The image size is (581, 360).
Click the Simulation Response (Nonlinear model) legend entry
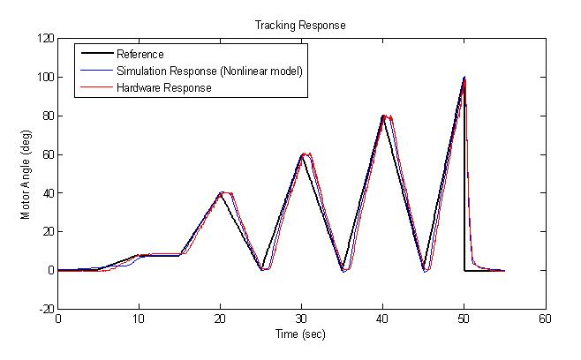click(x=209, y=71)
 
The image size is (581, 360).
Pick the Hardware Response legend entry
click(x=163, y=87)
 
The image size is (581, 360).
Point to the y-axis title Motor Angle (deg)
click(x=27, y=174)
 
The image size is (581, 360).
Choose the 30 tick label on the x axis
click(x=301, y=319)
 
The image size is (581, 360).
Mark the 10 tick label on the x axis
click(x=139, y=319)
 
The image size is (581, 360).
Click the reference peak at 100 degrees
click(x=464, y=78)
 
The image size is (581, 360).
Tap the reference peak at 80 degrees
click(x=383, y=116)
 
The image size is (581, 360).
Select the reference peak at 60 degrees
click(x=302, y=154)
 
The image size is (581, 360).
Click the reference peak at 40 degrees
click(x=221, y=193)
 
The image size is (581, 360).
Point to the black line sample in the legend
click(x=95, y=55)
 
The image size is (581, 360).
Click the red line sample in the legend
click(x=95, y=87)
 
